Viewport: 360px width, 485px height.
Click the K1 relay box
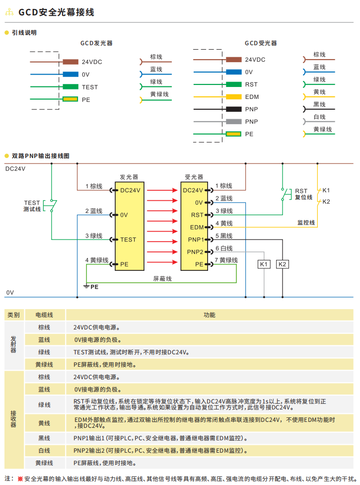coord(264,264)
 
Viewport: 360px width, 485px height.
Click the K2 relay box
coord(283,264)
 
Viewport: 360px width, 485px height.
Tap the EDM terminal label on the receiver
coord(197,228)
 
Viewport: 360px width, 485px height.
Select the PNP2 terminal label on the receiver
coord(195,252)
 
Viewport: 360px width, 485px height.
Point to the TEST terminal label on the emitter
coord(128,240)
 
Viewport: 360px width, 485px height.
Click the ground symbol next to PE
coord(86,287)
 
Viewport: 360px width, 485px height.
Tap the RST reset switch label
coord(303,194)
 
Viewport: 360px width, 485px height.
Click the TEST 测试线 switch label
coord(32,206)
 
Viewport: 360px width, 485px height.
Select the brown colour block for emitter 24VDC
coord(71,62)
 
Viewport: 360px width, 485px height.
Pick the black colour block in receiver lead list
coord(233,109)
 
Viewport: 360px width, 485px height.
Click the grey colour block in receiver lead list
coord(233,122)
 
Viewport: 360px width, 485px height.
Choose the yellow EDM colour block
coord(233,97)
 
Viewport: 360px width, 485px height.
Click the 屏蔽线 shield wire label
coord(162,279)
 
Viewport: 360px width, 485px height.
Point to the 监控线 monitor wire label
coord(306,223)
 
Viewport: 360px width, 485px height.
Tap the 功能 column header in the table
coord(210,315)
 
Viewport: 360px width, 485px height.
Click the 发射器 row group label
coord(13,344)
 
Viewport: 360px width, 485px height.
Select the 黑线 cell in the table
coord(44,438)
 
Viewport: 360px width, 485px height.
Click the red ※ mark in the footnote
coord(20,479)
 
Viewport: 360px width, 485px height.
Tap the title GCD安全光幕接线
coord(56,12)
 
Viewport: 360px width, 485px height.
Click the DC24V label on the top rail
coord(15,169)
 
